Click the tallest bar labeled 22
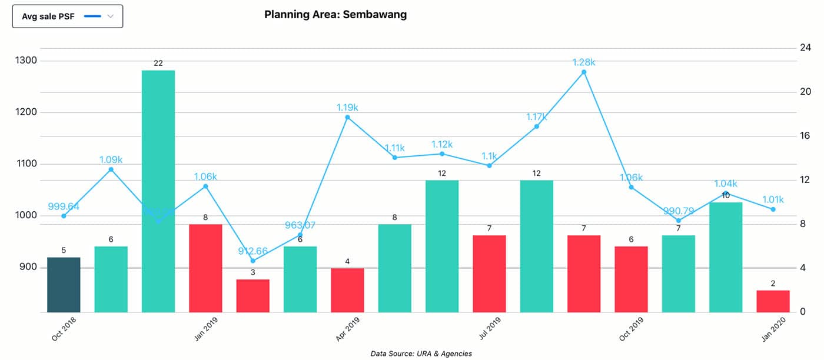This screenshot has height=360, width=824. tap(158, 191)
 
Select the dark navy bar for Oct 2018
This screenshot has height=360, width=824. tap(64, 285)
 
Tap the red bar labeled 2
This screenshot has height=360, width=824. tap(773, 301)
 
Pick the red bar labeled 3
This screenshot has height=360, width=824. tap(253, 296)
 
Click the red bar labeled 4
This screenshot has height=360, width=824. tap(347, 290)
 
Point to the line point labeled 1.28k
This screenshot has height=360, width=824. tap(584, 72)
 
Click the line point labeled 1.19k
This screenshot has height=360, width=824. tap(347, 117)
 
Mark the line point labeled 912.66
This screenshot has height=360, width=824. tap(253, 261)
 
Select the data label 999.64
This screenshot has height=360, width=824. tap(64, 206)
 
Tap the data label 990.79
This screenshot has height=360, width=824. tap(679, 211)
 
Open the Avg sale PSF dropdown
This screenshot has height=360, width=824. tap(68, 16)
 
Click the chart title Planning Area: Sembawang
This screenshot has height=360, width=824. tap(335, 15)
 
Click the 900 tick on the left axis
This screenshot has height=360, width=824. tap(27, 267)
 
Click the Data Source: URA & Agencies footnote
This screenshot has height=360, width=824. tap(421, 354)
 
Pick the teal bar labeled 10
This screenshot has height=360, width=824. tap(726, 257)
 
